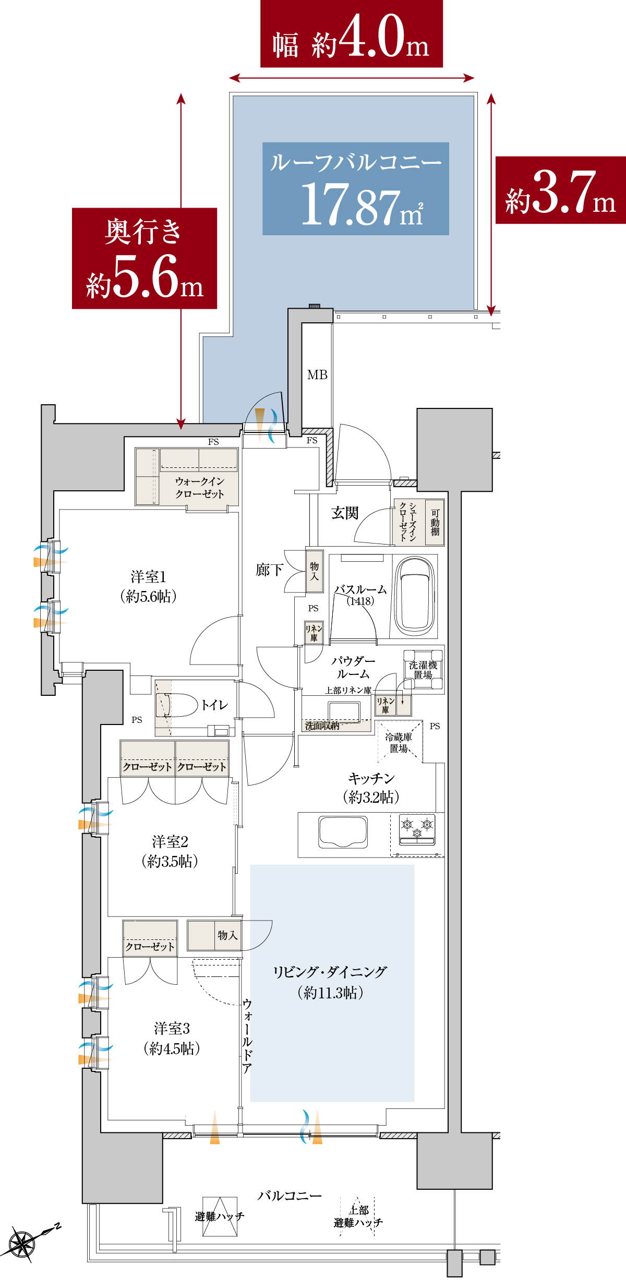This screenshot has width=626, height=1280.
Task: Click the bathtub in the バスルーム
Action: [x=415, y=595]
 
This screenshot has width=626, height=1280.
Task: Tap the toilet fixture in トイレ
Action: [x=177, y=705]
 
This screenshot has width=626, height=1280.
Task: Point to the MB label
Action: [x=317, y=375]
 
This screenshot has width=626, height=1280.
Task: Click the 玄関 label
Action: [x=345, y=513]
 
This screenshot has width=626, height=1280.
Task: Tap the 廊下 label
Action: [x=269, y=570]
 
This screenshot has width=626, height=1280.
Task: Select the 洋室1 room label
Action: [x=149, y=577]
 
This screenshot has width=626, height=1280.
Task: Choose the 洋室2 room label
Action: [x=170, y=841]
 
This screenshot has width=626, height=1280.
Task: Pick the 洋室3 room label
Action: [x=172, y=1028]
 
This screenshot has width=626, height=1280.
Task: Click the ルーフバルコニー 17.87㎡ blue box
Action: [x=356, y=188]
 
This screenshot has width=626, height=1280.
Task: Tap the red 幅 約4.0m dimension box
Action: [x=352, y=34]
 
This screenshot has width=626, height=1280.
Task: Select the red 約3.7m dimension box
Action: [x=561, y=190]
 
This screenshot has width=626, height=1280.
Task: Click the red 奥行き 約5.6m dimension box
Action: [x=145, y=258]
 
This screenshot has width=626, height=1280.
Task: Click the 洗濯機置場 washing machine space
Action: [x=423, y=670]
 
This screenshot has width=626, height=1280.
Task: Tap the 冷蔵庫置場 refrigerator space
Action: [x=400, y=742]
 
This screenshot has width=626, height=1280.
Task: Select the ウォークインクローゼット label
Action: [x=200, y=487]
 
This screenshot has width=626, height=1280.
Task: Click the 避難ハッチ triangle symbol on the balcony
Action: [x=220, y=1217]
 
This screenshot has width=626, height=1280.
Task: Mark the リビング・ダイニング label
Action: [x=330, y=972]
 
